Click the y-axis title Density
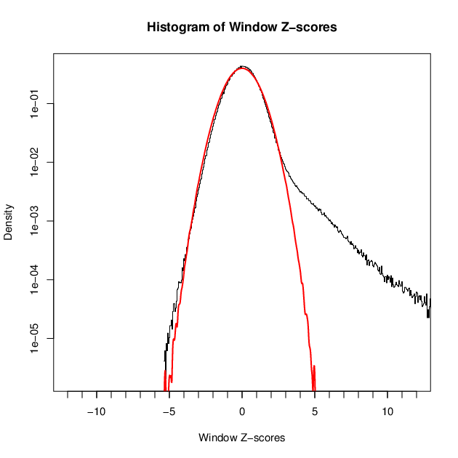pos(9,222)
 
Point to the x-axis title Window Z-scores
pos(241,438)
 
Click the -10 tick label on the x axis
pos(96,411)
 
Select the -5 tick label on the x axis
pos(169,411)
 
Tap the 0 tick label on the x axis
pos(242,411)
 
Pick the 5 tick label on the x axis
pos(315,411)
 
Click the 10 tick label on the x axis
pos(387,411)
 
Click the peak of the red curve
pos(242,68)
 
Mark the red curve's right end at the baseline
pos(314,390)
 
